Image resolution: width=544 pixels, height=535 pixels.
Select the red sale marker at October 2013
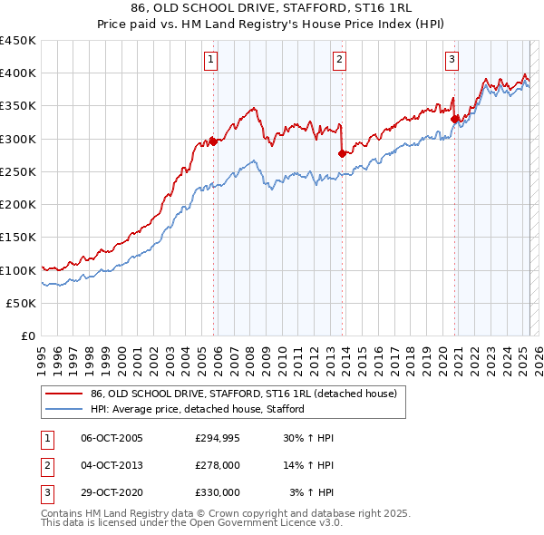pyautogui.click(x=342, y=153)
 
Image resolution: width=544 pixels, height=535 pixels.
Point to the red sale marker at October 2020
pyautogui.click(x=454, y=118)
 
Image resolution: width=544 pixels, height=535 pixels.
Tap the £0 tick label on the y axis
pyautogui.click(x=27, y=336)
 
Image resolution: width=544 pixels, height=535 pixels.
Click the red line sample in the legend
pyautogui.click(x=63, y=394)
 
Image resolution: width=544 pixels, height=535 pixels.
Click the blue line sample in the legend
pyautogui.click(x=63, y=409)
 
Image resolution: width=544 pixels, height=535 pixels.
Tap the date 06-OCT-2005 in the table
pyautogui.click(x=112, y=439)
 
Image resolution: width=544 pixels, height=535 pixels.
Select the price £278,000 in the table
pyautogui.click(x=218, y=465)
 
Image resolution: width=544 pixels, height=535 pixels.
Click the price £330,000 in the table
pyautogui.click(x=218, y=491)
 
